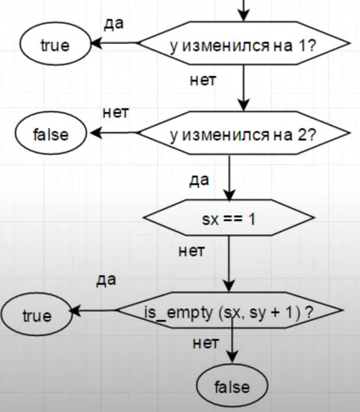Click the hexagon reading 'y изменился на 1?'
coord(244,43)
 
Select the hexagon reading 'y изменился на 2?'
coord(244,133)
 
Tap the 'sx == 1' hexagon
coord(229,218)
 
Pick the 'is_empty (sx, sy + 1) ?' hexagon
coord(229,310)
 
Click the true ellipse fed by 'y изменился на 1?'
coord(55,44)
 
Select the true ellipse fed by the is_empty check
coord(37,315)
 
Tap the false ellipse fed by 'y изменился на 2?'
coord(51,133)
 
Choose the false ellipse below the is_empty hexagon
coord(232,385)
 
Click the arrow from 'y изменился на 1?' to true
coord(114,43)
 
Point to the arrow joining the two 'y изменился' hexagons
coord(244,88)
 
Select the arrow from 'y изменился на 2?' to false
coord(114,133)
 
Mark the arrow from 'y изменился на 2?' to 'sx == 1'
coord(230,178)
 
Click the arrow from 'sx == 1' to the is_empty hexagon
coord(229,264)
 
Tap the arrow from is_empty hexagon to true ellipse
coord(92,311)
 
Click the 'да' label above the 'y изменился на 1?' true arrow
coord(114,24)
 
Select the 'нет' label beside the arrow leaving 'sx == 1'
coord(192,251)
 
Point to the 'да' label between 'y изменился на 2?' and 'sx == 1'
coord(199,180)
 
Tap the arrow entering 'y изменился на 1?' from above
coord(244,11)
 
